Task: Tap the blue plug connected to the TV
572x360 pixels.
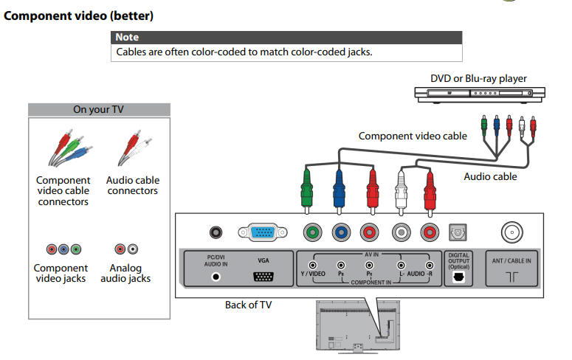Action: coord(340,188)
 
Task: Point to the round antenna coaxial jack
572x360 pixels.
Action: coord(511,233)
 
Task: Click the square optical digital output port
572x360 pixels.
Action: coord(458,233)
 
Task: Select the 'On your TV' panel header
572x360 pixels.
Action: coord(99,110)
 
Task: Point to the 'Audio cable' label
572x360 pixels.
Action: coord(490,177)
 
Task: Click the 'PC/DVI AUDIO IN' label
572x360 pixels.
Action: coord(216,260)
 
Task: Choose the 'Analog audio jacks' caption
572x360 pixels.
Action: coord(125,273)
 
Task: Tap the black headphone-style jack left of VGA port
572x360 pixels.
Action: coord(216,232)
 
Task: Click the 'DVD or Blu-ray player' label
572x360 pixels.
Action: coord(478,78)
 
